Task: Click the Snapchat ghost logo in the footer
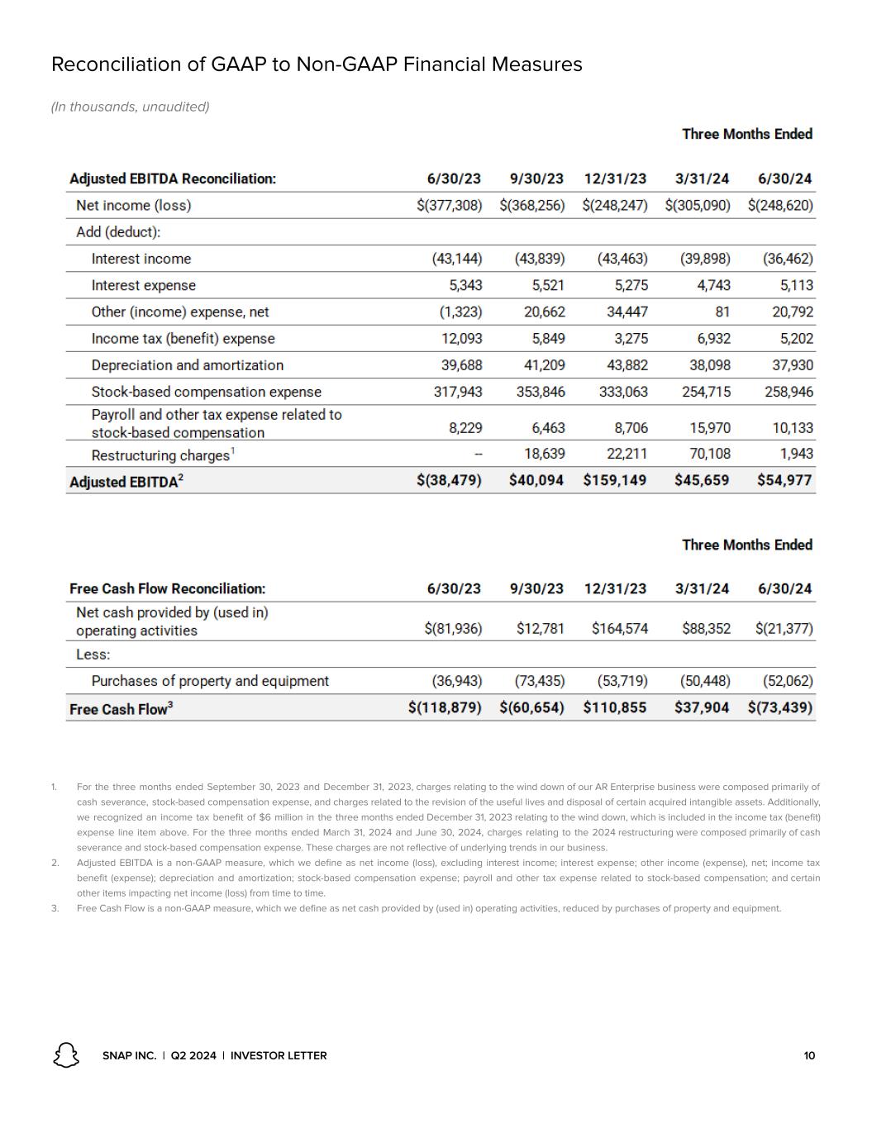(66, 1054)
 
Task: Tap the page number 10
(809, 1055)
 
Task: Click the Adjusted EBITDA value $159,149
(615, 480)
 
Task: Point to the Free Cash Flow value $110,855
(615, 708)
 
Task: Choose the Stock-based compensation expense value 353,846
(541, 392)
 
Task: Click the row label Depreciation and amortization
(187, 365)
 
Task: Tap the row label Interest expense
(143, 285)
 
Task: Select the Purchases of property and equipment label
(210, 681)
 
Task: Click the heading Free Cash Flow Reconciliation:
(167, 589)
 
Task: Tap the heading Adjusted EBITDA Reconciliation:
(173, 178)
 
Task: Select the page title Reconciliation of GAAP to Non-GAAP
(317, 64)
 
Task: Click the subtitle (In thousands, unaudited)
(130, 107)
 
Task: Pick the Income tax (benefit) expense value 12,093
(457, 339)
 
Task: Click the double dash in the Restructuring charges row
(478, 454)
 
